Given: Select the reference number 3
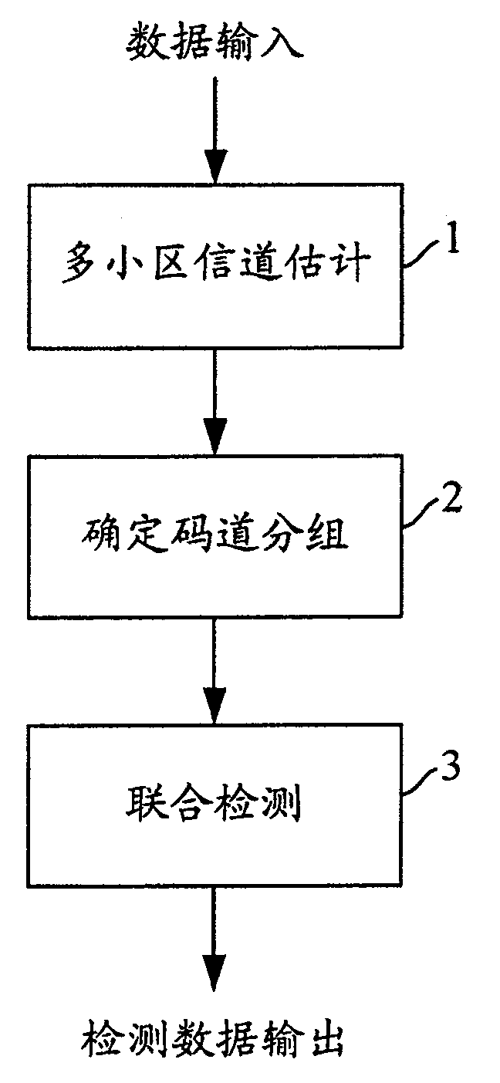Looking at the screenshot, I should pos(454,771).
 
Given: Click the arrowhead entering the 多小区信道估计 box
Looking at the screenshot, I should pos(215,167).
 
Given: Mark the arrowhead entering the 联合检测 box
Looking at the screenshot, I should pos(215,707).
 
